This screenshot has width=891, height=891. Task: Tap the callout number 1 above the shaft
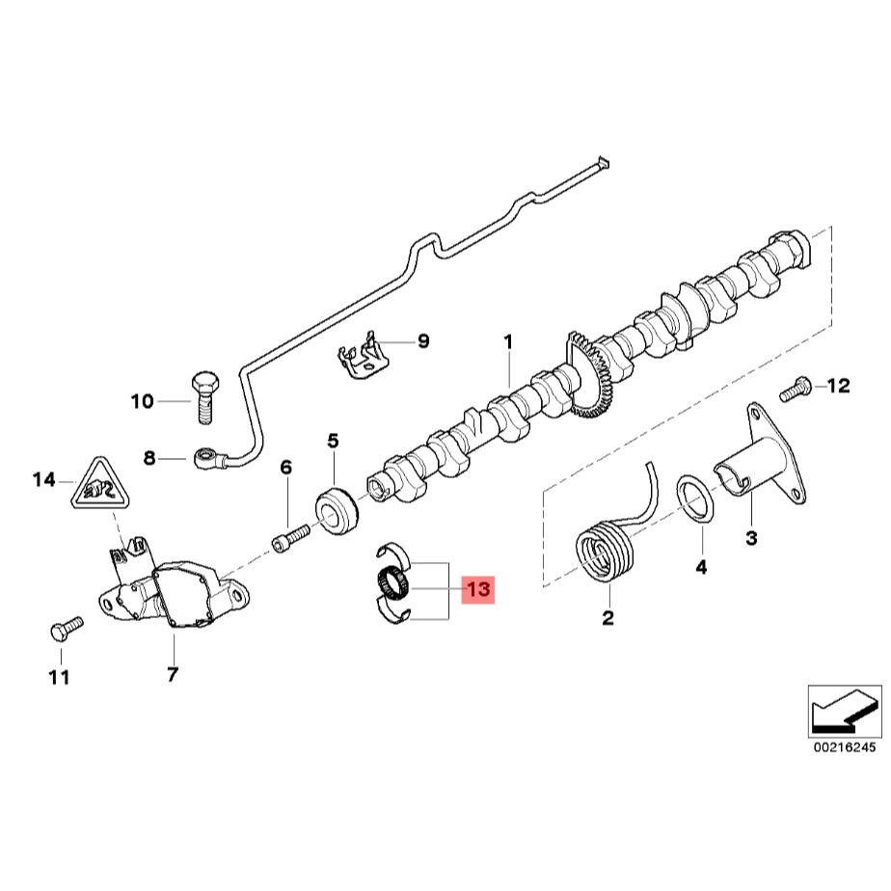[x=508, y=341]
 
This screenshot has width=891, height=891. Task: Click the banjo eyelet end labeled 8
[x=206, y=457]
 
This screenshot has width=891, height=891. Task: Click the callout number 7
[x=173, y=675]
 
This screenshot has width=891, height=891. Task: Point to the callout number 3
[x=750, y=535]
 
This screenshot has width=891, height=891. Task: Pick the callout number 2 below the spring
[x=607, y=618]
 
